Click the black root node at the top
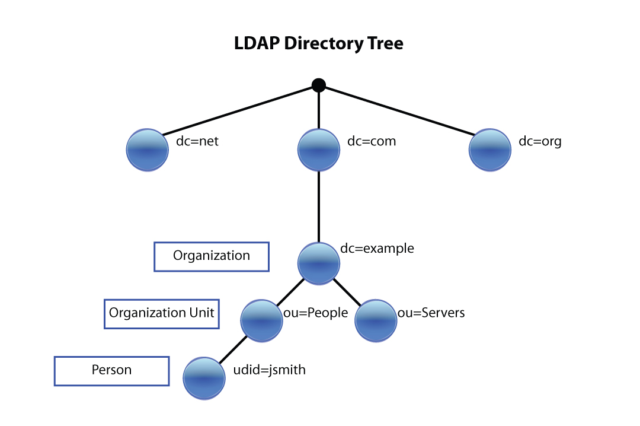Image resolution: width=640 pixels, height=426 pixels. pyautogui.click(x=319, y=85)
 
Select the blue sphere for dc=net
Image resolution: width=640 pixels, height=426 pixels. pyautogui.click(x=148, y=150)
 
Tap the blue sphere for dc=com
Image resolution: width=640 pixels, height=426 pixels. pyautogui.click(x=319, y=150)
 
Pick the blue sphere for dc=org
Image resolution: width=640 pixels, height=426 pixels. pyautogui.click(x=490, y=150)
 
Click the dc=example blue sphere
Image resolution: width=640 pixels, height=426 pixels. pyautogui.click(x=319, y=263)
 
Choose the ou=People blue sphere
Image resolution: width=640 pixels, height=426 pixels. pyautogui.click(x=262, y=320)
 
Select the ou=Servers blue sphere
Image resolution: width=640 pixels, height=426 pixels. pyautogui.click(x=376, y=320)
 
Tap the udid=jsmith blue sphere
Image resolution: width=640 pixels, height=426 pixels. pyautogui.click(x=204, y=377)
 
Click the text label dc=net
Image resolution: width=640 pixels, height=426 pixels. pyautogui.click(x=197, y=142)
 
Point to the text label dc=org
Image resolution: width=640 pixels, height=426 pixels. pyautogui.click(x=539, y=142)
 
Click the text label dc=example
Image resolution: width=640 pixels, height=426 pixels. pyautogui.click(x=377, y=249)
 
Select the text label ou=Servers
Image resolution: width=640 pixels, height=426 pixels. pyautogui.click(x=431, y=313)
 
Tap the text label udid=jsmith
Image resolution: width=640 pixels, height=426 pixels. pyautogui.click(x=270, y=370)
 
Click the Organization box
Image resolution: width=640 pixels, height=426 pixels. pyautogui.click(x=212, y=256)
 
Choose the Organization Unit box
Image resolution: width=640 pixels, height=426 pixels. pyautogui.click(x=162, y=313)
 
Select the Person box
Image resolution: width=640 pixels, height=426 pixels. pyautogui.click(x=112, y=371)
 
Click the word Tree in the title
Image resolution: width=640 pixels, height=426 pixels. pyautogui.click(x=383, y=44)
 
